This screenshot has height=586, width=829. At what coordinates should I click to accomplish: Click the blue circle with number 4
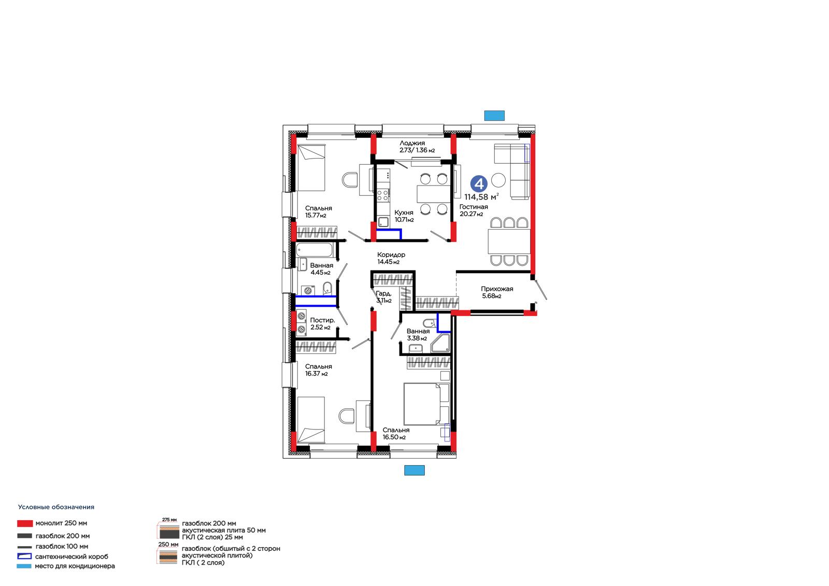tap(479, 183)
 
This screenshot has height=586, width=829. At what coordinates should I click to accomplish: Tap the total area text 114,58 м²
tap(481, 197)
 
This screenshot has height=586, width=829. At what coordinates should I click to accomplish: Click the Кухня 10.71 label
tap(404, 216)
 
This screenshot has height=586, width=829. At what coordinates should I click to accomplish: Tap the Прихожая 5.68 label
tap(497, 292)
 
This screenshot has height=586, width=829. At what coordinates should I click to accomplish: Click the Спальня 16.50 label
tap(396, 434)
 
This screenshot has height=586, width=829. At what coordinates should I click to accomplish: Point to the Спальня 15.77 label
tap(318, 212)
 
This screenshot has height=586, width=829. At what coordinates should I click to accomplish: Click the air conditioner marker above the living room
tap(494, 116)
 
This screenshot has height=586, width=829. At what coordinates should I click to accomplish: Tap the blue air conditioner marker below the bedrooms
tap(414, 470)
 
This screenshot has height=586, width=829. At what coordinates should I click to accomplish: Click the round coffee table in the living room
tap(498, 180)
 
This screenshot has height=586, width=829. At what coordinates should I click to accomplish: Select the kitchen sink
tap(383, 222)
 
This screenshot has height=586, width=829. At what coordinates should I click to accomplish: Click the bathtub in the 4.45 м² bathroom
tap(315, 250)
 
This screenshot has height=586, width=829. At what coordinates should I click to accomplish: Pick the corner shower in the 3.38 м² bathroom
tap(440, 343)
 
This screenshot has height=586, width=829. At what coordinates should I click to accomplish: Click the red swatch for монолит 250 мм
tap(25, 523)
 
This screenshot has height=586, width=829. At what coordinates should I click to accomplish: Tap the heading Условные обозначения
tap(56, 507)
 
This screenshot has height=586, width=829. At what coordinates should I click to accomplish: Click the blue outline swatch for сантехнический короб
tap(24, 556)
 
